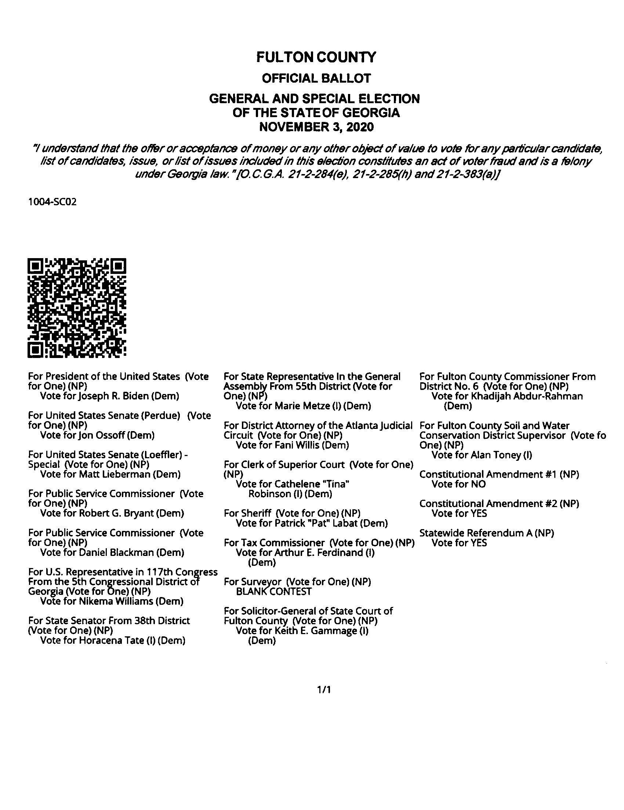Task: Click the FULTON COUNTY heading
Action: point(316,58)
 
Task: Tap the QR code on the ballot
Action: point(77,308)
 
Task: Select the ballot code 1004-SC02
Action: point(52,202)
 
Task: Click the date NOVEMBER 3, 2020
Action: point(316,127)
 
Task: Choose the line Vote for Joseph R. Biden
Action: point(109,396)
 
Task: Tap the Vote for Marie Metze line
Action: point(303,406)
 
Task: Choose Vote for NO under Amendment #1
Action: point(458,484)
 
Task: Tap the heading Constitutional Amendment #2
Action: point(499,504)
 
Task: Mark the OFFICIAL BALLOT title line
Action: point(316,78)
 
